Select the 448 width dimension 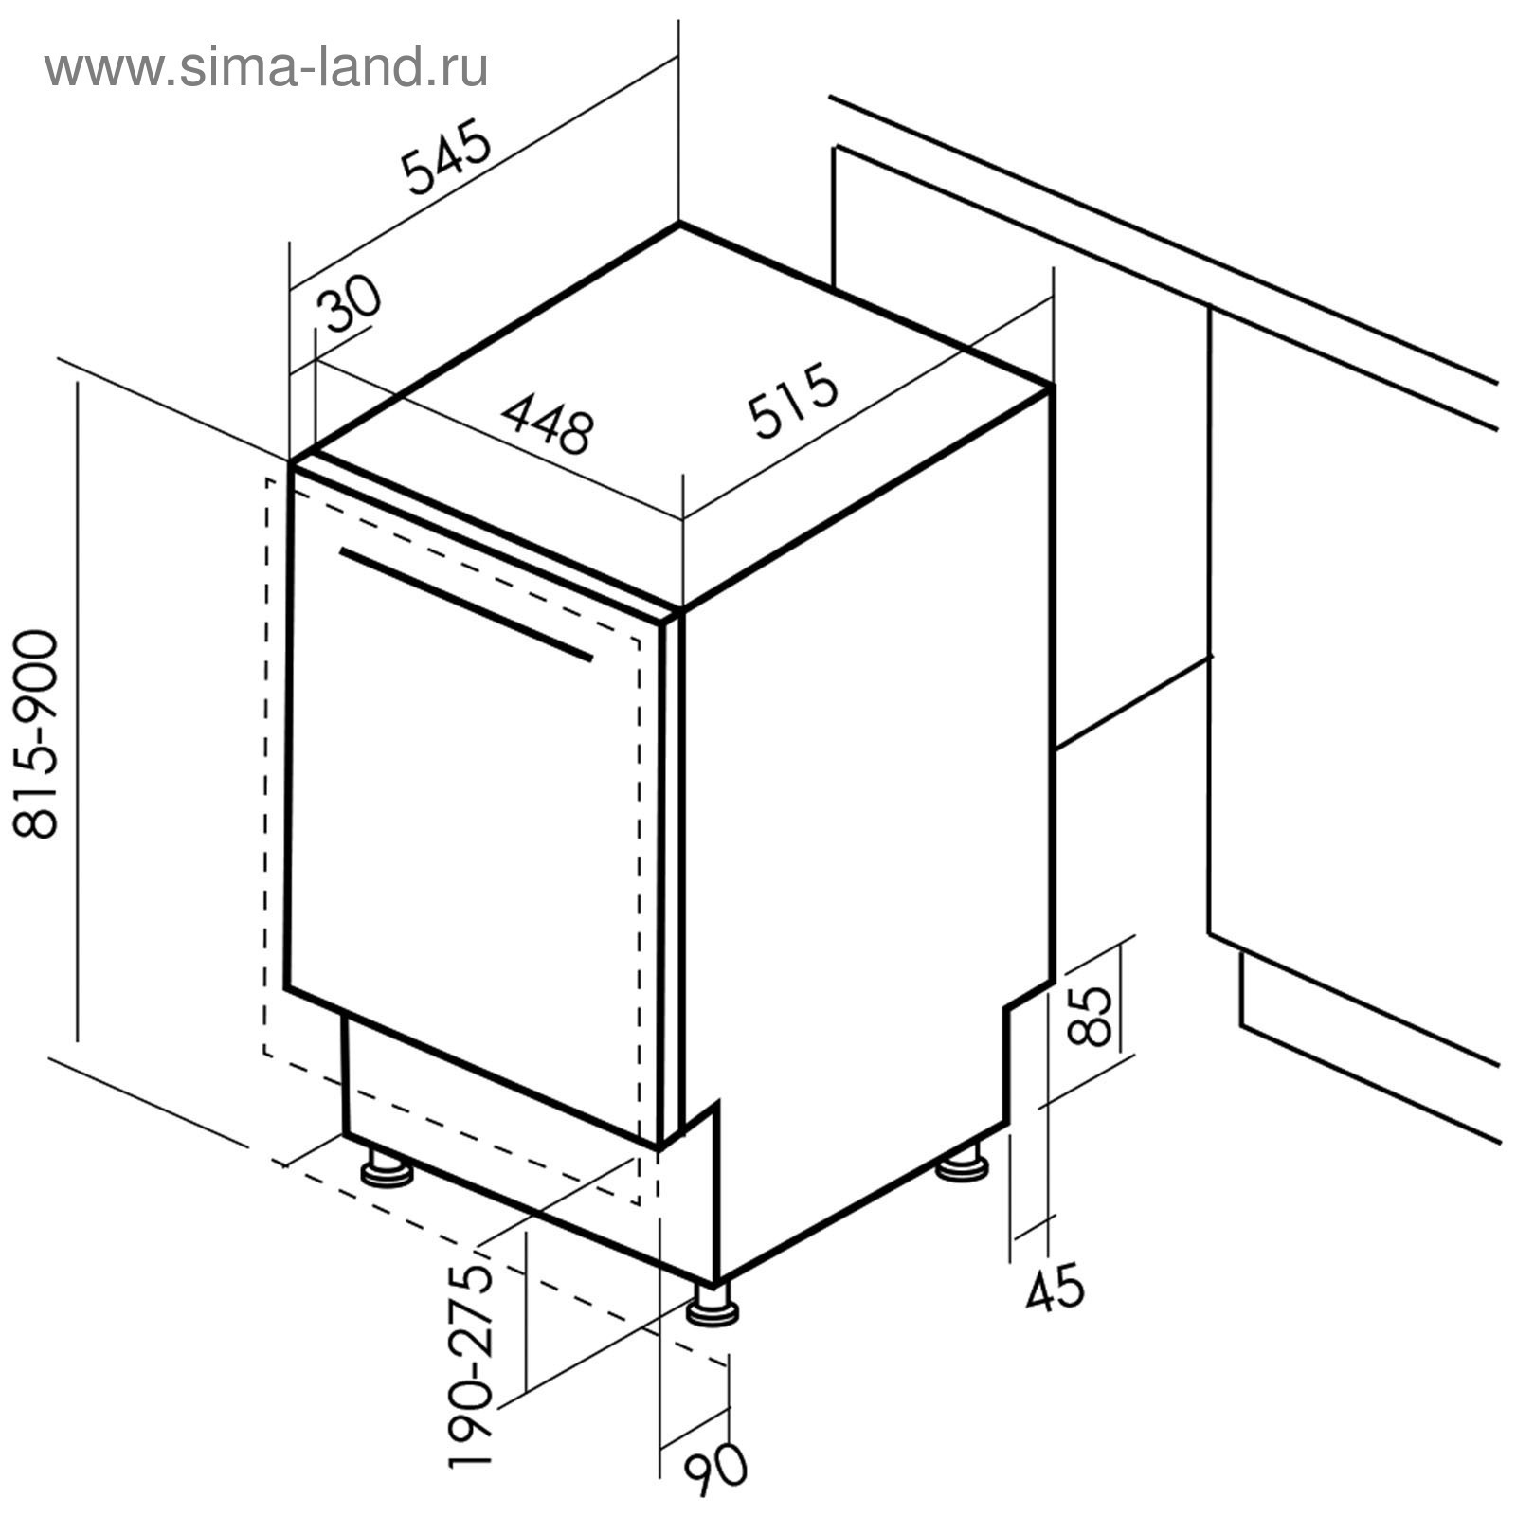click(x=549, y=422)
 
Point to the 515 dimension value click(x=793, y=400)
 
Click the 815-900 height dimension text click(x=38, y=734)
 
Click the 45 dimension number click(x=1055, y=1289)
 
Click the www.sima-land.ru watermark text click(x=266, y=67)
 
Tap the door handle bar click(x=465, y=604)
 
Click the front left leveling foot click(x=388, y=1171)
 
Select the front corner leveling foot click(x=713, y=1307)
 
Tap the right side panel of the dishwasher click(x=862, y=805)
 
